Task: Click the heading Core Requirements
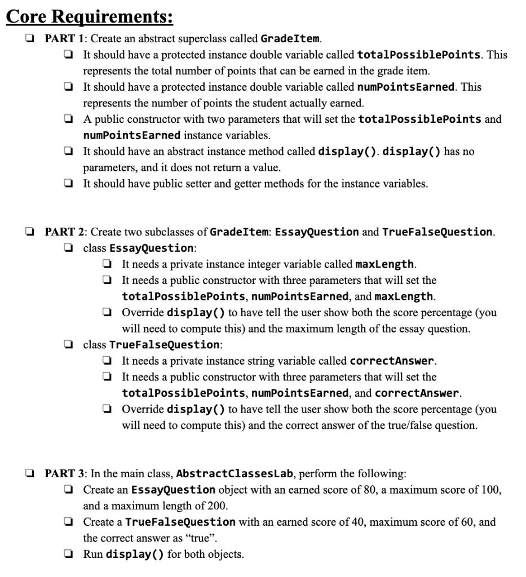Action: (89, 16)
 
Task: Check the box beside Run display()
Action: (68, 554)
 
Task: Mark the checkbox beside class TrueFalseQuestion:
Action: (68, 344)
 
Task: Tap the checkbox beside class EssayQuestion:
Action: (68, 248)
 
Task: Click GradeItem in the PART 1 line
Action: (290, 39)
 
